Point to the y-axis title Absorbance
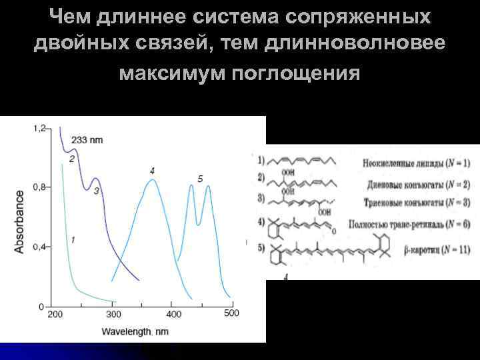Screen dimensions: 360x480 click(19, 221)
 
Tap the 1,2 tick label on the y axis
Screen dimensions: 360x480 click(39, 127)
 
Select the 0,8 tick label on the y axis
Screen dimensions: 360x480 click(39, 187)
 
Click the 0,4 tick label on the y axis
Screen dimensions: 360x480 click(39, 247)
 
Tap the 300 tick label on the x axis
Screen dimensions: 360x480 click(113, 315)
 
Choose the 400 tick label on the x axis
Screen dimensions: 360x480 click(173, 315)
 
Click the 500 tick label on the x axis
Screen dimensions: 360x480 click(231, 313)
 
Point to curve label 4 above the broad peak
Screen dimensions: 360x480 click(152, 171)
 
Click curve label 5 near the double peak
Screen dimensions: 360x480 click(200, 179)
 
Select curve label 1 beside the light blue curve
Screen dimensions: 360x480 click(73, 239)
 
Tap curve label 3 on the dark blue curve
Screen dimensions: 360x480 click(96, 191)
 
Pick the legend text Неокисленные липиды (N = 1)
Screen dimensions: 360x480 click(418, 163)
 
